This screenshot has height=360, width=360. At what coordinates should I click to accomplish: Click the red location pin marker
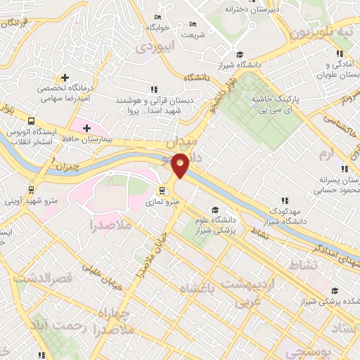(x=181, y=165)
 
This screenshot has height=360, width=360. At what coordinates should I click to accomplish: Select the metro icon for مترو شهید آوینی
(x=31, y=190)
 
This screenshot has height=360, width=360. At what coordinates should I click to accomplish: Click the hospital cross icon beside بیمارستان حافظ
(x=86, y=128)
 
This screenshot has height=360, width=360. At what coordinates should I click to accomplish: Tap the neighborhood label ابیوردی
(x=153, y=47)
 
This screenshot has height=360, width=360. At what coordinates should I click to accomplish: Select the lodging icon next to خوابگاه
(x=157, y=16)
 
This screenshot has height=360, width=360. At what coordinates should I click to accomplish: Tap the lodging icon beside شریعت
(x=193, y=24)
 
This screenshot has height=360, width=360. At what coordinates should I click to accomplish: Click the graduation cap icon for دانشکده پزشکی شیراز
(x=334, y=290)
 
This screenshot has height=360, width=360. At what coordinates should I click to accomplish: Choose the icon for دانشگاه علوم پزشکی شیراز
(x=214, y=209)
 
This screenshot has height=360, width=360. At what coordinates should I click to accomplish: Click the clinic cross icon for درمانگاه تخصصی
(x=65, y=78)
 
